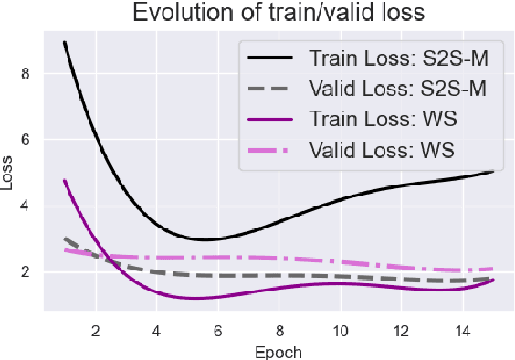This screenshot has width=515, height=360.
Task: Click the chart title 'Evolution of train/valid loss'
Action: (x=263, y=14)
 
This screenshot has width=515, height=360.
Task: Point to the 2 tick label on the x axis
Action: (x=95, y=329)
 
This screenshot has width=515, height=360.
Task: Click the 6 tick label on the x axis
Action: (x=217, y=329)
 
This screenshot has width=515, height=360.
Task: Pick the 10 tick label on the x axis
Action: (x=340, y=329)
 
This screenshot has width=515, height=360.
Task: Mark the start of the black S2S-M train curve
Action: (x=64, y=42)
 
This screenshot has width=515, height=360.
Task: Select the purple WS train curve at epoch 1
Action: (x=64, y=180)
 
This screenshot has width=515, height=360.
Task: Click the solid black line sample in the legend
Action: (x=271, y=58)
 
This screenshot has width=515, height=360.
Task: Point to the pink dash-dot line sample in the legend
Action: (x=271, y=148)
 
